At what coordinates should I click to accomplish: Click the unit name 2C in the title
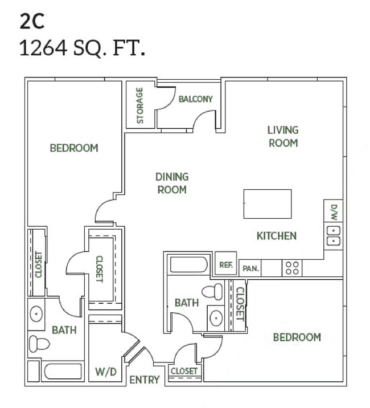coord(31,21)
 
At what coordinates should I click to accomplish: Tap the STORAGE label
coord(139,105)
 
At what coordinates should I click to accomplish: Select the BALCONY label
coord(195,99)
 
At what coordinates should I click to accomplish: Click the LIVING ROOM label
coord(283,137)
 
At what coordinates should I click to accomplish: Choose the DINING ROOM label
coord(172,183)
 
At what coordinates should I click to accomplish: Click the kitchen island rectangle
coord(268,204)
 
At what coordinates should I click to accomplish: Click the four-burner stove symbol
coord(292,268)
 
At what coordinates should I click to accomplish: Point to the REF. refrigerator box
coord(225,264)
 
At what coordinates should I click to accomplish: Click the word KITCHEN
coord(276,235)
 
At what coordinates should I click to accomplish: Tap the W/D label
coord(106,373)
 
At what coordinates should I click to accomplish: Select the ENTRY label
coord(144,380)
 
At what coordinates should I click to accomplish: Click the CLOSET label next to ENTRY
coord(184,371)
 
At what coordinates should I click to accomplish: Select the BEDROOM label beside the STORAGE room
coord(74,148)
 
